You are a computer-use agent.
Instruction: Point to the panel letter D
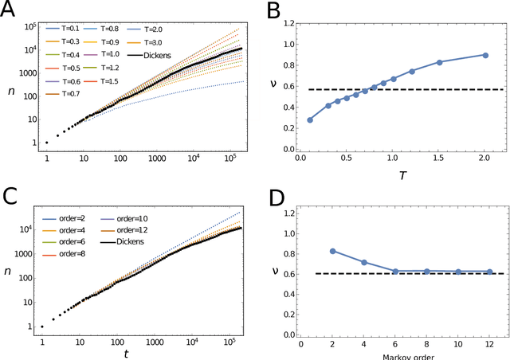coord(273,192)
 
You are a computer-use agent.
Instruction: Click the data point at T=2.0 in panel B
coord(484,55)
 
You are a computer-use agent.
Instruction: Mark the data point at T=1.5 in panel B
coord(439,62)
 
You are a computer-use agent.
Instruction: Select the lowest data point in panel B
coord(310,119)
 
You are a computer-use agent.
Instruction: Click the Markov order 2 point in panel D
coord(332,251)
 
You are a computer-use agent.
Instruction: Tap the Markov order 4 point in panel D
coord(363,262)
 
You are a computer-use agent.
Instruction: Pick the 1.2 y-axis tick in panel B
coord(285,24)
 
